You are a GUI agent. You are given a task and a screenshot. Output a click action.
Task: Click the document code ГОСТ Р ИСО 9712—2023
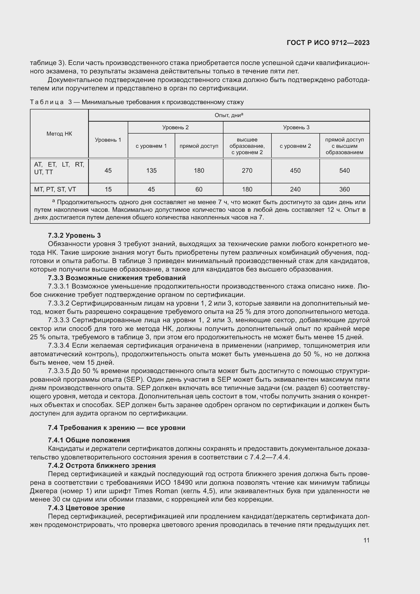tap(328, 43)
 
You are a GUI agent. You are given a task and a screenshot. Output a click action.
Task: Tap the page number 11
tap(366, 540)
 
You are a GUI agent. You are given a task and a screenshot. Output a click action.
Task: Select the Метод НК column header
tap(59, 134)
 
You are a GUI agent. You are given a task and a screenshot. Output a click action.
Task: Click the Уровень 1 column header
tap(108, 140)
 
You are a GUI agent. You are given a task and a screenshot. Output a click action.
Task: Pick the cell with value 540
tap(345, 171)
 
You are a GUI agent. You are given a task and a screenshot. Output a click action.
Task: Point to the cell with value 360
tap(345, 189)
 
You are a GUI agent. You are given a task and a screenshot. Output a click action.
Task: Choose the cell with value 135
tap(151, 171)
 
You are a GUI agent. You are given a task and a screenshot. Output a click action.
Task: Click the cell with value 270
tap(247, 171)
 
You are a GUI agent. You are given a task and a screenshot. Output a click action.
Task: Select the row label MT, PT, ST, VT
tap(55, 189)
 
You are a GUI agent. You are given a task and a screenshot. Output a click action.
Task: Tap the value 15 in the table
tap(108, 189)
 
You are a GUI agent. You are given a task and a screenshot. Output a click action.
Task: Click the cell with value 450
tap(295, 171)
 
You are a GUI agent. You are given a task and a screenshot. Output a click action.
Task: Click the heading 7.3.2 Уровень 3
tap(74, 235)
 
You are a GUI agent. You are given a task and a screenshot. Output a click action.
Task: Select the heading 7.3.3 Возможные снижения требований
tap(117, 278)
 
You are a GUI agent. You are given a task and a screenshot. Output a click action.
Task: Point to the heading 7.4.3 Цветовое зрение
tap(86, 508)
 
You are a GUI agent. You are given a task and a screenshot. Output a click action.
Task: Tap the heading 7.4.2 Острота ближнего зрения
tap(102, 465)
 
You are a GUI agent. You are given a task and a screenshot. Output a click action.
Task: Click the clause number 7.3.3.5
tap(58, 371)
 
